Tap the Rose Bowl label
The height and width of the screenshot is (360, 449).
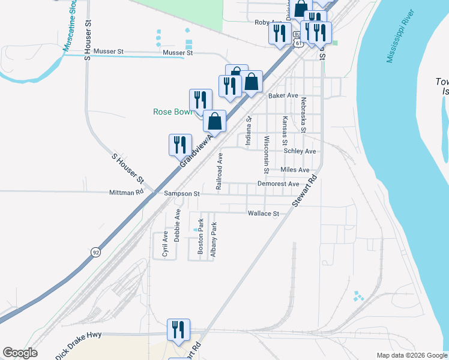(x=170, y=112)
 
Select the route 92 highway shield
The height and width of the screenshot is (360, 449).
(x=95, y=253)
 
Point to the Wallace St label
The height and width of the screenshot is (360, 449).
(x=264, y=214)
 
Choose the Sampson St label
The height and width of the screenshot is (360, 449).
(x=182, y=194)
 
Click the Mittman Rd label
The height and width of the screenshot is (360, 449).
(x=127, y=193)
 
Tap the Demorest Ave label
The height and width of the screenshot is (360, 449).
(x=278, y=184)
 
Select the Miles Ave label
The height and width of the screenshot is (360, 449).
(x=299, y=170)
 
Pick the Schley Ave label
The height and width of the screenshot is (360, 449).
(x=300, y=151)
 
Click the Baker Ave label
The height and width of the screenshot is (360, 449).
(x=283, y=95)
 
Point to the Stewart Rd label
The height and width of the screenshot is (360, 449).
(x=304, y=191)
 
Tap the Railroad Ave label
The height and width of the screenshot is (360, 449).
(x=220, y=172)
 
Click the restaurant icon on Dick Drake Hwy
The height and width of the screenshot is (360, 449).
(x=178, y=331)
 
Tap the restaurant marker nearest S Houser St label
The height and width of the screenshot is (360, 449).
(x=180, y=146)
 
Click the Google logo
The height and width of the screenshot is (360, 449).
(x=20, y=353)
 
